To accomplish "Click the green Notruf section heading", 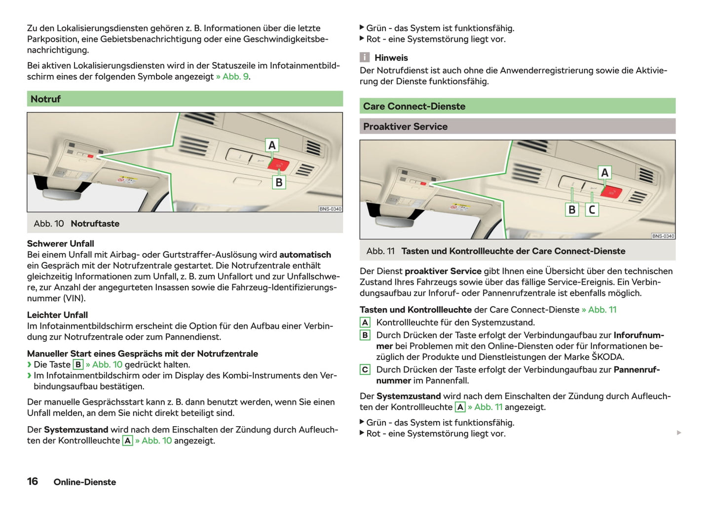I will coord(46,99).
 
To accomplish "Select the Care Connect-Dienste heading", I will coord(414,107).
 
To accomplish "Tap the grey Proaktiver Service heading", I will coord(405,127).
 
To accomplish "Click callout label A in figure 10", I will coord(272,145).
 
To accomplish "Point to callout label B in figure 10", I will coord(279,182).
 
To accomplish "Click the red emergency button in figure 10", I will coord(278,164).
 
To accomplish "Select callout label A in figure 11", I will coord(604,173).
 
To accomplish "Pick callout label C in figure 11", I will coord(592,210).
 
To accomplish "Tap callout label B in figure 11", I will coord(572,210).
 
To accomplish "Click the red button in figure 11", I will coord(611,192).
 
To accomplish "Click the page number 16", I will coord(33,481).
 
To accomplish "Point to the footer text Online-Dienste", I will coord(85,482).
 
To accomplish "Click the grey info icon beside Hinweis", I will coord(365,58).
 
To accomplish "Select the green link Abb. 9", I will coord(235,77).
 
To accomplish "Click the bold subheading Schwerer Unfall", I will coord(60,244).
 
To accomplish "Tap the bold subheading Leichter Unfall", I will coord(57,315).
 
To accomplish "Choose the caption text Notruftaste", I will coord(95,224).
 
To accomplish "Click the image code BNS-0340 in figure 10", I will coord(330,209).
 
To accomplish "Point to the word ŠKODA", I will coord(607,357).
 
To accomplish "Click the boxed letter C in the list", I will coord(365,370).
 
